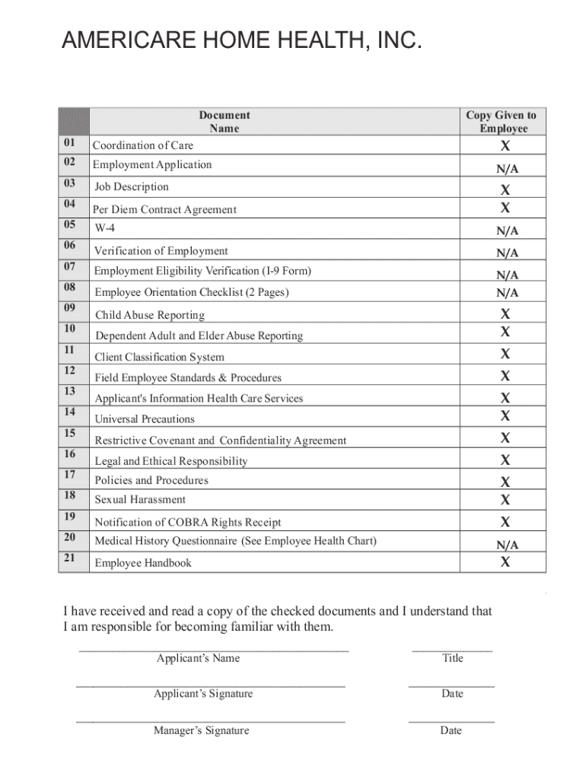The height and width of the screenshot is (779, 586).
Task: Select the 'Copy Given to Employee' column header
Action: click(x=502, y=122)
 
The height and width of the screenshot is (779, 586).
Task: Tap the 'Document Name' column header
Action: click(x=225, y=122)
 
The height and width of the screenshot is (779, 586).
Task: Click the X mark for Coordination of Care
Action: click(x=504, y=146)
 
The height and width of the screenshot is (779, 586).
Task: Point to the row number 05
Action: click(x=70, y=224)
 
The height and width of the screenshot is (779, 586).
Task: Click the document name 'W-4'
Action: click(x=105, y=228)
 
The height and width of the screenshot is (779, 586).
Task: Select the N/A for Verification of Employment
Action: click(x=508, y=253)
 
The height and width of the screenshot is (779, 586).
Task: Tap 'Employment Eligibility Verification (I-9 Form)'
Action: click(x=202, y=271)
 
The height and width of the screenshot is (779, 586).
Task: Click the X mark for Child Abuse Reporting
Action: click(x=505, y=313)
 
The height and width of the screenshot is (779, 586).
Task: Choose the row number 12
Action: click(x=70, y=370)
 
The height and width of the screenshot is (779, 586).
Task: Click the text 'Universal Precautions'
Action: click(x=145, y=419)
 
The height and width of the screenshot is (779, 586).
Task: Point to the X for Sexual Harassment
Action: click(x=505, y=500)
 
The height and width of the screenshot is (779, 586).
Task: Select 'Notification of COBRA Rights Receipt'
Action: click(x=187, y=523)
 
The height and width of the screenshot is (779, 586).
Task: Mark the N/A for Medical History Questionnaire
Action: click(x=508, y=545)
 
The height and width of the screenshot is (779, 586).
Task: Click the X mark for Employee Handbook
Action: click(x=505, y=562)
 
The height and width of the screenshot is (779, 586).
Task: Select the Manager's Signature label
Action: click(x=201, y=731)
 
